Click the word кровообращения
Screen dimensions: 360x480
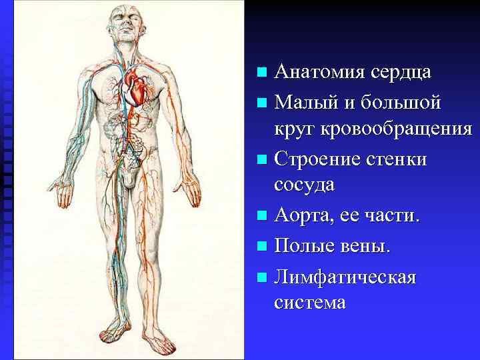click(x=397, y=129)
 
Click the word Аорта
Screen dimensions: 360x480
click(x=303, y=216)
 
